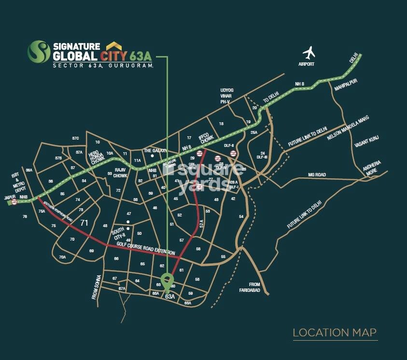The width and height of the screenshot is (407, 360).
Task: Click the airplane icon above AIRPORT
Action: click(309, 52)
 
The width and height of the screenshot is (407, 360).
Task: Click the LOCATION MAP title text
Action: click(335, 332)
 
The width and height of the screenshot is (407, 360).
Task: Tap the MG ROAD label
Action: click(317, 174)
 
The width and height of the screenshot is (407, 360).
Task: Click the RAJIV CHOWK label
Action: click(120, 173)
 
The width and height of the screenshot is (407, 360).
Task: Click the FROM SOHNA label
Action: click(95, 288)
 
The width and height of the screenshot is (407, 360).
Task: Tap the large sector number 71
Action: click(84, 223)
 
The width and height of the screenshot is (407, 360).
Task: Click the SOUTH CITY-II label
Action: click(118, 233)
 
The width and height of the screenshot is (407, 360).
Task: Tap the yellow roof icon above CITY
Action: click(114, 45)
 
